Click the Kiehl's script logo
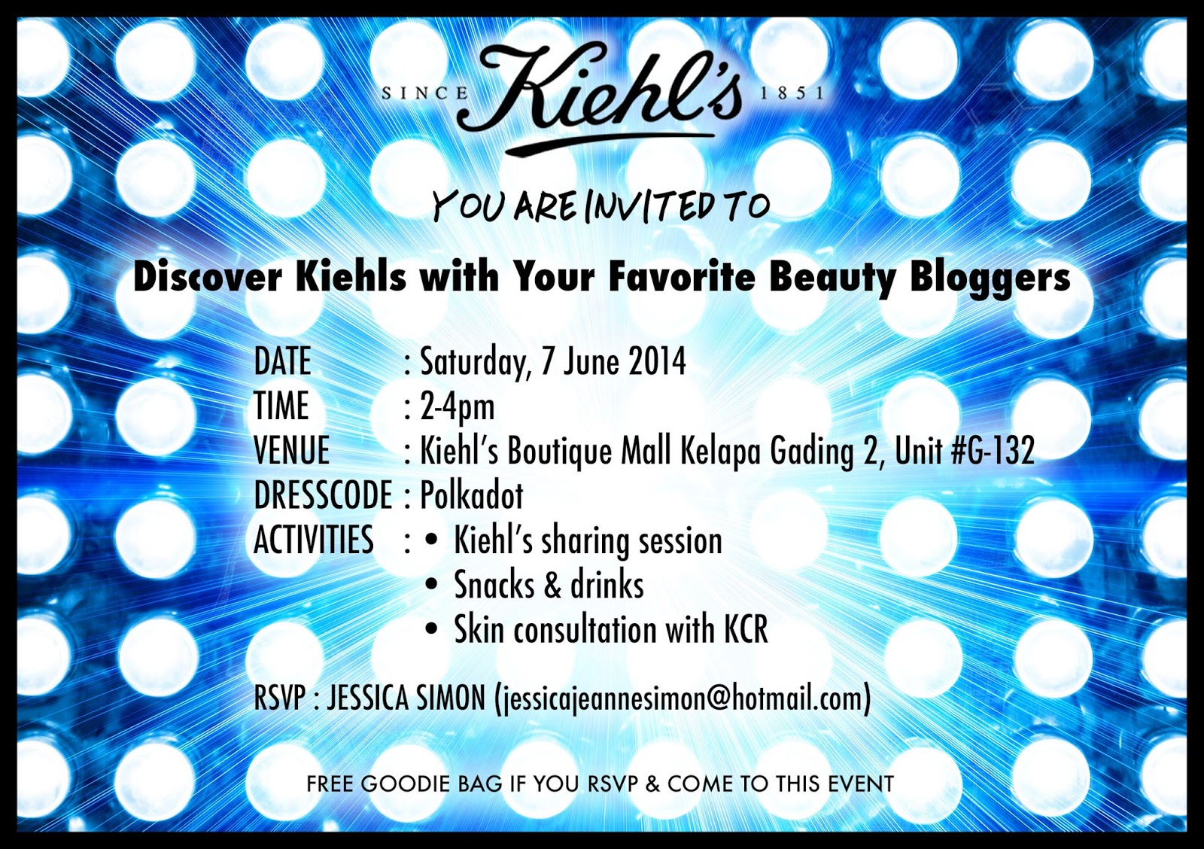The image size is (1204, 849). pos(599,97)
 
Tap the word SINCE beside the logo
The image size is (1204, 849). pos(425,93)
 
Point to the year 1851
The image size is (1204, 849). pos(792,93)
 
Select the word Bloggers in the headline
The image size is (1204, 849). pos(990,278)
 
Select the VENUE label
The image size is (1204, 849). pos(291,450)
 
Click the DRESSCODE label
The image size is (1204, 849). pos(323,495)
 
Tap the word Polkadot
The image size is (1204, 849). pos(471,495)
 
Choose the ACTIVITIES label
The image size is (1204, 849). pos(313,540)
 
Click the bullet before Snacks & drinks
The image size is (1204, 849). pos(431,585)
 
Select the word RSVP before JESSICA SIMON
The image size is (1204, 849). pos(279,698)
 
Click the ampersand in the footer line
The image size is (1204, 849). pos(652,784)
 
